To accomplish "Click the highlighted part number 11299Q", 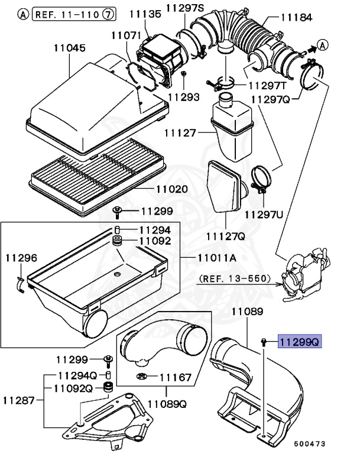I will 300,341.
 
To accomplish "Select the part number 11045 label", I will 70,48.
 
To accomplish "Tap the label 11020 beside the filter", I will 171,190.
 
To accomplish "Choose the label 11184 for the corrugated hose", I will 296,18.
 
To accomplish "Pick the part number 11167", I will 176,377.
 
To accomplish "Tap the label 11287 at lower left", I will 21,400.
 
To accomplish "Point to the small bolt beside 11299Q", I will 263,341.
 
